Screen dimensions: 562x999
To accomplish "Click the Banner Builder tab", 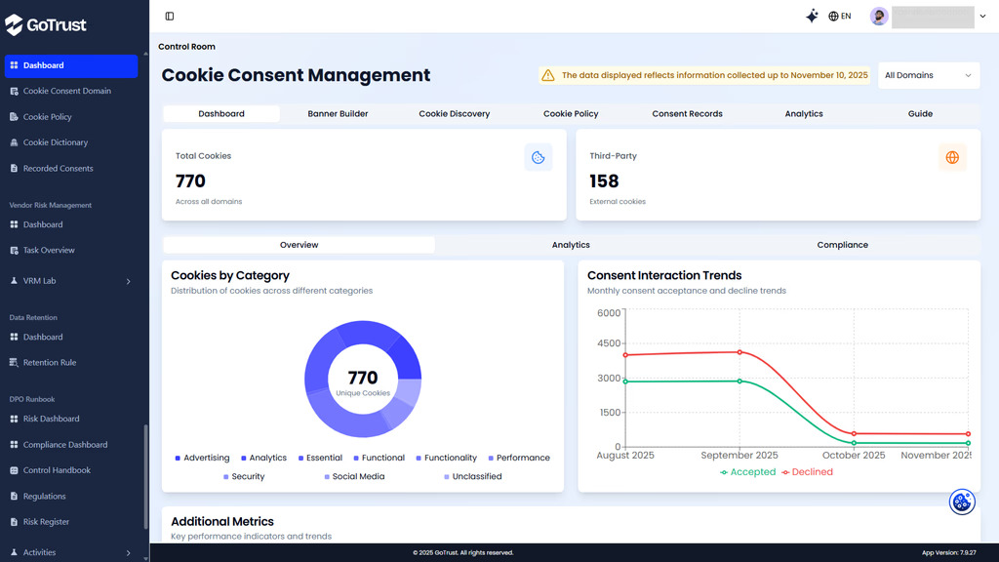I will pyautogui.click(x=338, y=114).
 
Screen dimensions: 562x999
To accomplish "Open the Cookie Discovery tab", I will pyautogui.click(x=454, y=114).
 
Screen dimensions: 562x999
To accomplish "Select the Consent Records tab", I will pyautogui.click(x=687, y=114).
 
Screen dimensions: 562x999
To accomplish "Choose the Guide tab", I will pyautogui.click(x=920, y=114).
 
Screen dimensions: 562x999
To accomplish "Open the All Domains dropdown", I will pyautogui.click(x=928, y=75).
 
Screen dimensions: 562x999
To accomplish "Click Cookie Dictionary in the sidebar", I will pyautogui.click(x=55, y=142).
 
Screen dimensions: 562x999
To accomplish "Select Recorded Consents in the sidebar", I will pyautogui.click(x=58, y=169).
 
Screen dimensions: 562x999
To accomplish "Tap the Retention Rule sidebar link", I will pyautogui.click(x=49, y=363).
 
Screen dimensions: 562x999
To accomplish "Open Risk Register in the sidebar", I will pyautogui.click(x=46, y=522).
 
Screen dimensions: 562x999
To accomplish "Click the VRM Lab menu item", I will pyautogui.click(x=39, y=281).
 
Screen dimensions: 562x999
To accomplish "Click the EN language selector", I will pyautogui.click(x=839, y=17).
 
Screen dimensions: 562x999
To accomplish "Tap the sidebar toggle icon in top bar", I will pyautogui.click(x=170, y=17).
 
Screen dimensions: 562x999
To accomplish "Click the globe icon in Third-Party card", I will pyautogui.click(x=952, y=157).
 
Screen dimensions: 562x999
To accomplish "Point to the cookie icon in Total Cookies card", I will pyautogui.click(x=538, y=157).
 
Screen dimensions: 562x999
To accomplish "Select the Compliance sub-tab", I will pyautogui.click(x=842, y=245).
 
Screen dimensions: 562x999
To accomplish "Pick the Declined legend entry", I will pyautogui.click(x=806, y=472).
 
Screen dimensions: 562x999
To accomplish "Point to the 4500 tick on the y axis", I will pyautogui.click(x=608, y=343).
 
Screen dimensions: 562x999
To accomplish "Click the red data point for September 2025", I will pyautogui.click(x=739, y=352).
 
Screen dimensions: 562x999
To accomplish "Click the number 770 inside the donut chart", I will pyautogui.click(x=362, y=378).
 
